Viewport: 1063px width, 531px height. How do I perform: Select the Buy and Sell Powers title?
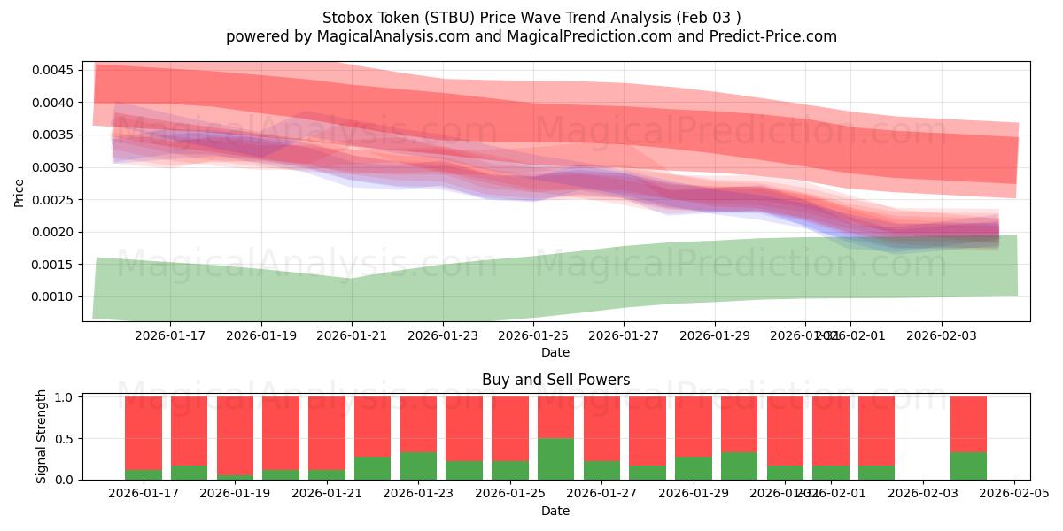point(555,380)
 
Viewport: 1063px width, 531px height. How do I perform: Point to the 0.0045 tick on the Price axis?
point(55,70)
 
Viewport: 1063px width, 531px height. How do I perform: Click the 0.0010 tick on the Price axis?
point(55,296)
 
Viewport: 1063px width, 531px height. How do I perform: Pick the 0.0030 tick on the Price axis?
point(55,167)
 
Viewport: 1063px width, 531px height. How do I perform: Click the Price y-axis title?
point(19,192)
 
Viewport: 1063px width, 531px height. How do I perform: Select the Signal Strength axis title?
point(41,436)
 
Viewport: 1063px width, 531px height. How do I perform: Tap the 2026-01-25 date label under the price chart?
point(533,335)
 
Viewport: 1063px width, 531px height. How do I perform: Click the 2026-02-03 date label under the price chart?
point(941,335)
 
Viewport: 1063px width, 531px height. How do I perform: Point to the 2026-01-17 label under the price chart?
point(170,335)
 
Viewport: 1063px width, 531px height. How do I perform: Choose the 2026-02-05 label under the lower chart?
point(1013,493)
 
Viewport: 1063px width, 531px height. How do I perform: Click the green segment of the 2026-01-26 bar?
point(555,458)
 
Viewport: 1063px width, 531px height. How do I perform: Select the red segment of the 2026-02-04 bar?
point(968,424)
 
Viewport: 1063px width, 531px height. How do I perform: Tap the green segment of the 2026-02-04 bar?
point(968,466)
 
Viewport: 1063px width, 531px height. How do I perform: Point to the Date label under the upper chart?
point(555,352)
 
